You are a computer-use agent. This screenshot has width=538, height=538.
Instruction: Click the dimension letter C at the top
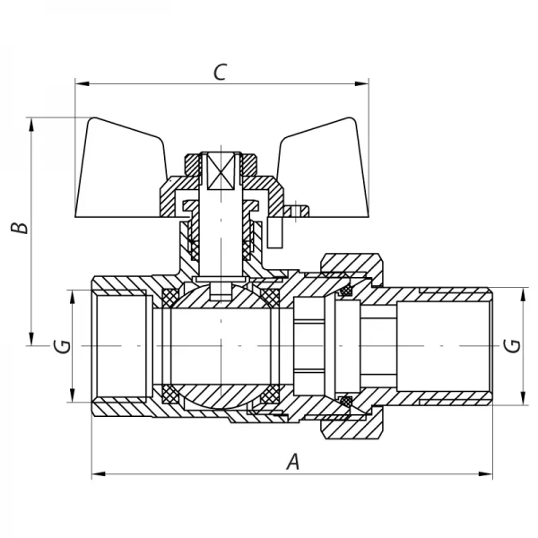tap(219, 72)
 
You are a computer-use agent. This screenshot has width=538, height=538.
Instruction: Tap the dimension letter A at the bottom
tap(291, 462)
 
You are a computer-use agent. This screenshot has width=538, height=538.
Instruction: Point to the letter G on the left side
tap(60, 345)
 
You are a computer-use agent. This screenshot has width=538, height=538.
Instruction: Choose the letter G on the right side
tap(512, 345)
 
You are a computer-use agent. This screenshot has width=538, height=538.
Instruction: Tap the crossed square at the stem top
tap(220, 170)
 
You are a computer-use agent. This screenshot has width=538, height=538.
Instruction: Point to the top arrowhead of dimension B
tap(33, 123)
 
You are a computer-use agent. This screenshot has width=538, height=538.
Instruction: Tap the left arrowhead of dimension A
tap(98, 473)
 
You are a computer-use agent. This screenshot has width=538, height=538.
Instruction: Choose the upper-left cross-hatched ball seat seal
tap(168, 295)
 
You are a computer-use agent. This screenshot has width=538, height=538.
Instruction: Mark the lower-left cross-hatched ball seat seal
tap(168, 395)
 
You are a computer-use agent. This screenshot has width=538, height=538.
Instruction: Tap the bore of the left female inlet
tap(121, 345)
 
